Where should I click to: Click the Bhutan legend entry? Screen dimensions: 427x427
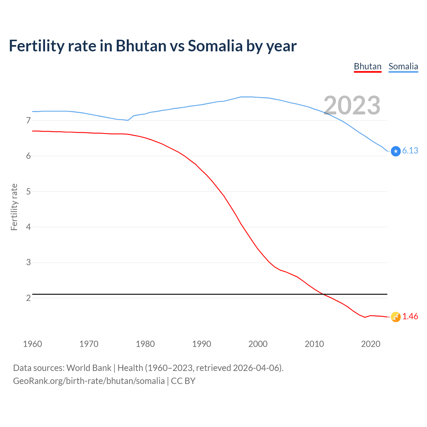coord(367,66)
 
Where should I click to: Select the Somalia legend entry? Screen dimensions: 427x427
coord(403,66)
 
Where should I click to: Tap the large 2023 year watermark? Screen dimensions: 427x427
coord(352,105)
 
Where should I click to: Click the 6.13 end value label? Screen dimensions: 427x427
coord(410,151)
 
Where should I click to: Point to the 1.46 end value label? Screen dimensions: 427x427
coord(410,317)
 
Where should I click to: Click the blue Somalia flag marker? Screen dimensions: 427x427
coord(396,151)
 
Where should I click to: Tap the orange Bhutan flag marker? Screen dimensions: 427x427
coord(396,317)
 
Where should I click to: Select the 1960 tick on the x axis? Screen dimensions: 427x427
coord(32,344)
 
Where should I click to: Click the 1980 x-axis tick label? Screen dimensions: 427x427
coord(145,344)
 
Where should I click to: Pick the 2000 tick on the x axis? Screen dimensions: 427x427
coord(258,344)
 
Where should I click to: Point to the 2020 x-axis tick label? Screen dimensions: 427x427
coord(371,344)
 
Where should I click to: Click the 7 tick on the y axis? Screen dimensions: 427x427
coord(28,120)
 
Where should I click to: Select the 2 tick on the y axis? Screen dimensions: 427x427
coord(28,298)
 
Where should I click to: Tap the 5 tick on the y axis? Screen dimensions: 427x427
coord(28,191)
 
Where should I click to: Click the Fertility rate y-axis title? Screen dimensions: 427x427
coord(14,207)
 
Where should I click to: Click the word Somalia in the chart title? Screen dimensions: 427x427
coord(215,46)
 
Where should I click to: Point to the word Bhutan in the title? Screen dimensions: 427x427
coord(141,46)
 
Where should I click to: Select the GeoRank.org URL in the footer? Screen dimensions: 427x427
coord(89,381)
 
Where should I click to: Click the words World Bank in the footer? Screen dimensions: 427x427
coord(89,368)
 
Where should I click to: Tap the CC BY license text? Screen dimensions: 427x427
coord(183,381)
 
